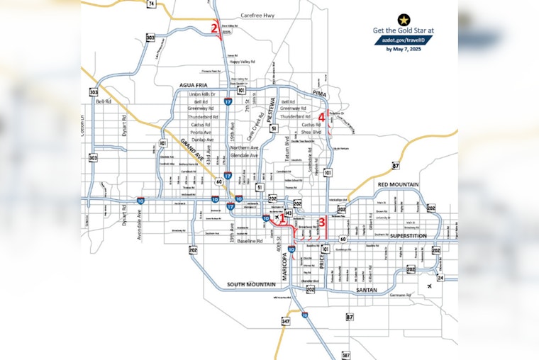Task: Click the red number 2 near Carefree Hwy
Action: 214,28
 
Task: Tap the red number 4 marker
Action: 321,117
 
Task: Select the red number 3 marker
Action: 322,222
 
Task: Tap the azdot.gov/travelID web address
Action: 403,40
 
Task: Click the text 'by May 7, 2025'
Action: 403,49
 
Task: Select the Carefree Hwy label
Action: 257,15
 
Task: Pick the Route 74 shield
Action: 151,4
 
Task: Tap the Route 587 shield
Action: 345,354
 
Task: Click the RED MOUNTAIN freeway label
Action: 399,184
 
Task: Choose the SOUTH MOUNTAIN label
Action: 250,284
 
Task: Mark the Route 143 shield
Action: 288,213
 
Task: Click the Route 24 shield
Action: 440,278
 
